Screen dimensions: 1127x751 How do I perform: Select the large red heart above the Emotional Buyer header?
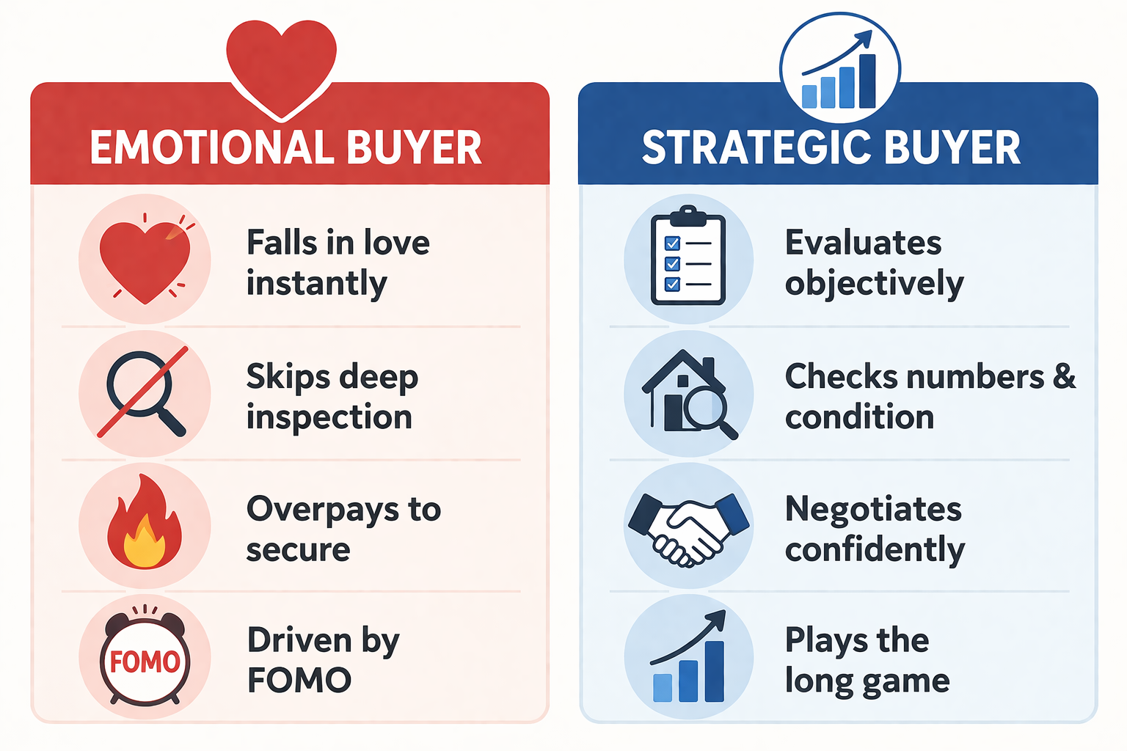[x=281, y=69]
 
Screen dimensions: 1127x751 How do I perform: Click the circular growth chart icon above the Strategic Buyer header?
[x=839, y=68]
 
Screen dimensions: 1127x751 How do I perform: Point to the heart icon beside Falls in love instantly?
[x=145, y=260]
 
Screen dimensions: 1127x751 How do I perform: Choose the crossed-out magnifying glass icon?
[x=144, y=392]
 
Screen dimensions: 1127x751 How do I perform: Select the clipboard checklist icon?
[x=687, y=255]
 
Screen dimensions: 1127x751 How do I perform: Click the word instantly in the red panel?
[x=316, y=283]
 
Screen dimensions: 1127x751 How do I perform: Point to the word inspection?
[x=329, y=417]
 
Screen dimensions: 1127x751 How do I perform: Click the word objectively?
[x=874, y=283]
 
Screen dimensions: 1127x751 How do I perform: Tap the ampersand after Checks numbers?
[x=1064, y=376]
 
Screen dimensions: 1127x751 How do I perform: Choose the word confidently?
[x=875, y=549]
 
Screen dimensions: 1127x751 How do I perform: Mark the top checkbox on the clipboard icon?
[x=672, y=243]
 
